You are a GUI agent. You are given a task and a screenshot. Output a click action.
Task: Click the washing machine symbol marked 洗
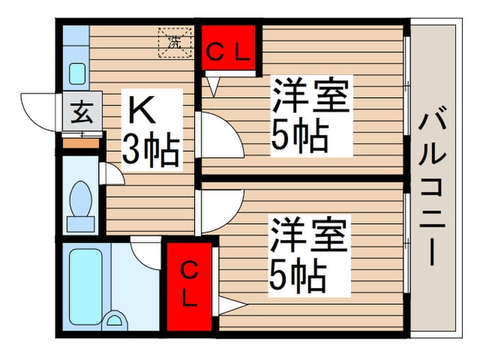(175, 43)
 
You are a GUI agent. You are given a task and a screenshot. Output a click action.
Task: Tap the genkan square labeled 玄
(82, 112)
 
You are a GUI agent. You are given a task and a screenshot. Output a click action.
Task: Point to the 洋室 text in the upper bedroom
(311, 95)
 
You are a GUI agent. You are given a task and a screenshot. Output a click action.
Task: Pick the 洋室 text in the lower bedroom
(309, 235)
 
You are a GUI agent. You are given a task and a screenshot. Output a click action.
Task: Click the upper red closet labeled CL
(228, 48)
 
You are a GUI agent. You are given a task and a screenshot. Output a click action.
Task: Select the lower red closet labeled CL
(189, 287)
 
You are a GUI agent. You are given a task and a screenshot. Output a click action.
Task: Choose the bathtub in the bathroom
(86, 286)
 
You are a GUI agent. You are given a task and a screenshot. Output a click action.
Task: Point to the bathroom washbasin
(115, 320)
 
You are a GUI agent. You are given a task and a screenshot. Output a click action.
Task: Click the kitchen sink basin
(77, 74)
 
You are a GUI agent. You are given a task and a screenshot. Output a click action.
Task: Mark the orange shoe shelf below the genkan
(81, 143)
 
